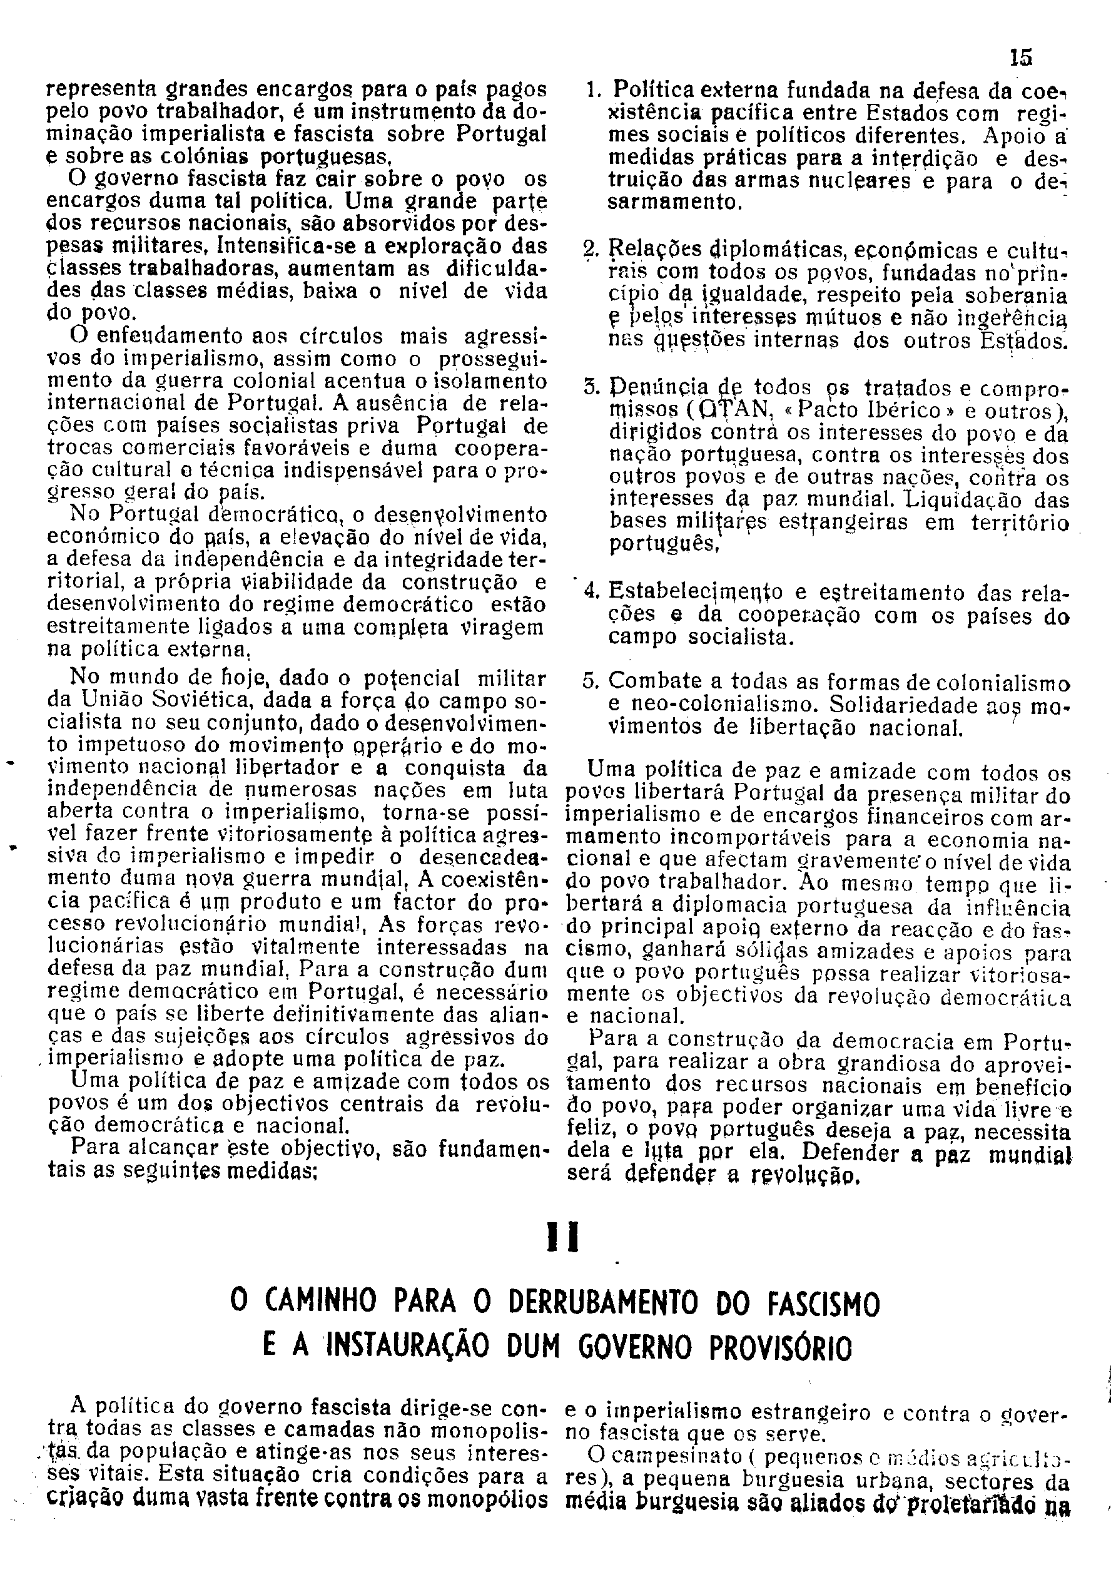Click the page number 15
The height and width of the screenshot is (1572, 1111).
tap(1020, 58)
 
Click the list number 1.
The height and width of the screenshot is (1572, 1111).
tap(594, 90)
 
